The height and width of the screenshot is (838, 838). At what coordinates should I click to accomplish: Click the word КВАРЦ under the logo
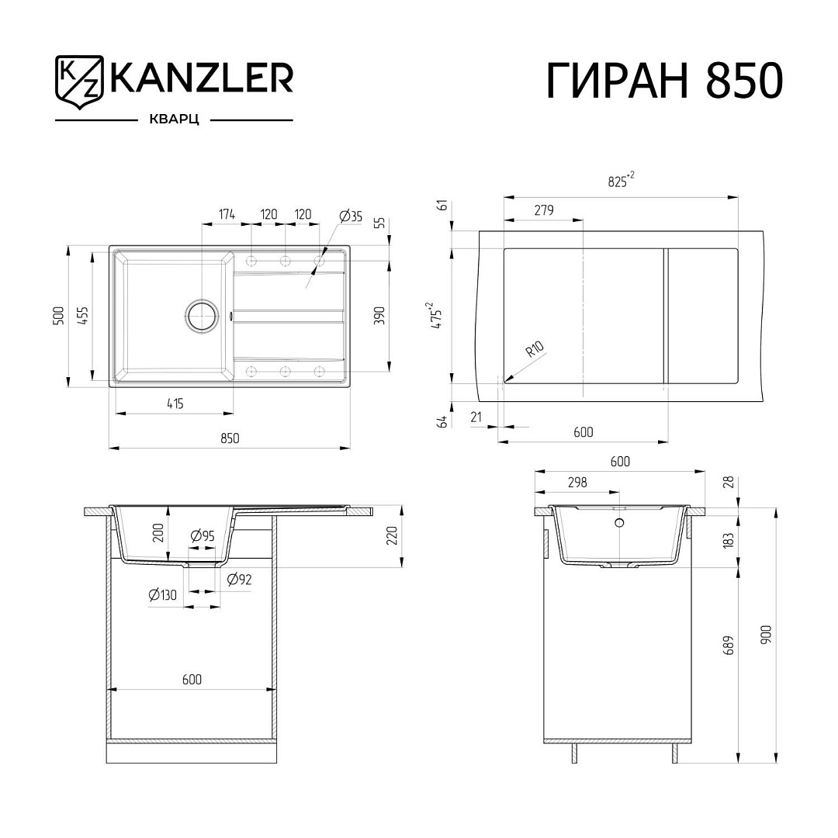pos(175,119)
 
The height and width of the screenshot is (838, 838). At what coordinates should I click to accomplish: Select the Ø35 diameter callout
pos(351,216)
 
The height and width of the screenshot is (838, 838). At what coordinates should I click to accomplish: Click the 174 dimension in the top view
pos(227,214)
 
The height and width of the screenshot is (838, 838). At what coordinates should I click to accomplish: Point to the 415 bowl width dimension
pos(175,403)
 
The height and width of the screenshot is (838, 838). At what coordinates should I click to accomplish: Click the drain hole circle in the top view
pos(202,315)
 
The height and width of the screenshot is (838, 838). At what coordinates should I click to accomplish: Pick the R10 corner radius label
pos(535,349)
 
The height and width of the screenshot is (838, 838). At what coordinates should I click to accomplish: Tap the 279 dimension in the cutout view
pos(544,210)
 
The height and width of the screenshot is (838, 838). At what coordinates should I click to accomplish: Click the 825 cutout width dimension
pos(621,180)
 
